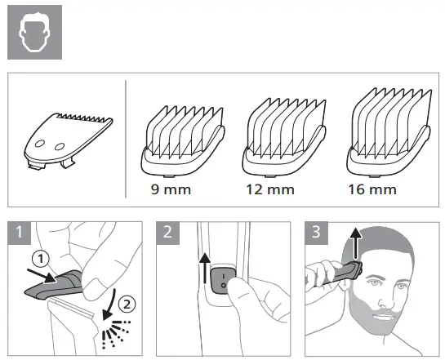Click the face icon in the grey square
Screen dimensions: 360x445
click(x=33, y=33)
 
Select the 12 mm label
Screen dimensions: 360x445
click(x=271, y=190)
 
